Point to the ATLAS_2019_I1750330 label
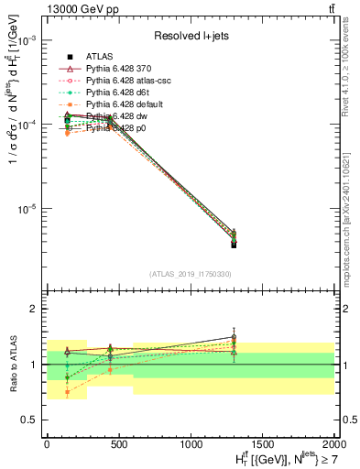tap(190, 274)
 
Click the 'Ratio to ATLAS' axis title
tap(11, 364)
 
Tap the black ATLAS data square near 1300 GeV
tap(234, 245)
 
